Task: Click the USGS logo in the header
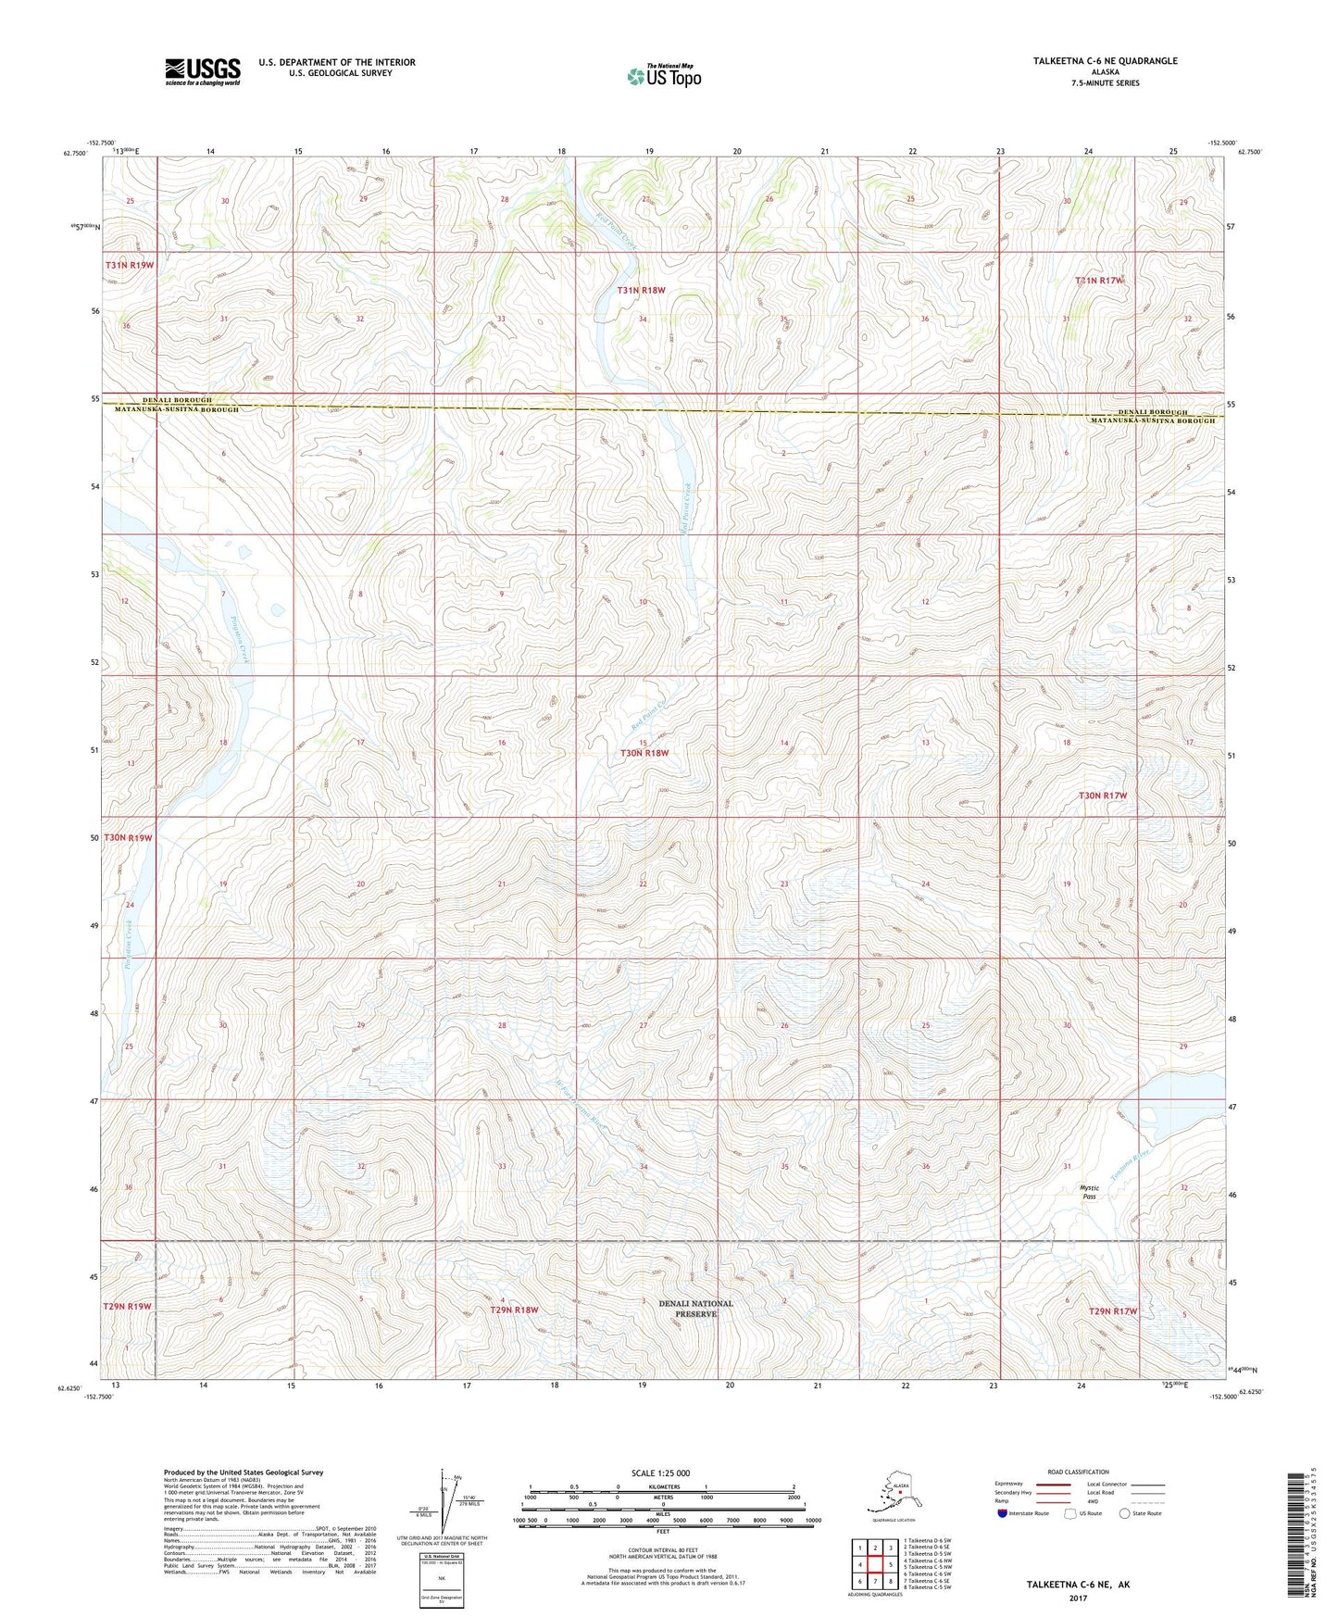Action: pyautogui.click(x=202, y=70)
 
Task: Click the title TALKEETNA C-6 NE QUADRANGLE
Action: pyautogui.click(x=1105, y=61)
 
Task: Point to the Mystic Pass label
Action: pyautogui.click(x=1091, y=1192)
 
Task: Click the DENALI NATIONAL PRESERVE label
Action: pyautogui.click(x=695, y=1308)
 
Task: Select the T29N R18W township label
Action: pyautogui.click(x=514, y=1310)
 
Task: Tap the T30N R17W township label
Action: pyautogui.click(x=1102, y=796)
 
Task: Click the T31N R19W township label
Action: pyautogui.click(x=129, y=265)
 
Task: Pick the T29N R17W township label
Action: pyautogui.click(x=1112, y=1311)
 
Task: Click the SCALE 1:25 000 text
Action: pyautogui.click(x=661, y=1473)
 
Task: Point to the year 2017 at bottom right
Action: pyautogui.click(x=1077, y=1598)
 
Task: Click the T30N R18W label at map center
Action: pyautogui.click(x=644, y=753)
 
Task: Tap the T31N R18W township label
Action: pyautogui.click(x=641, y=290)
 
